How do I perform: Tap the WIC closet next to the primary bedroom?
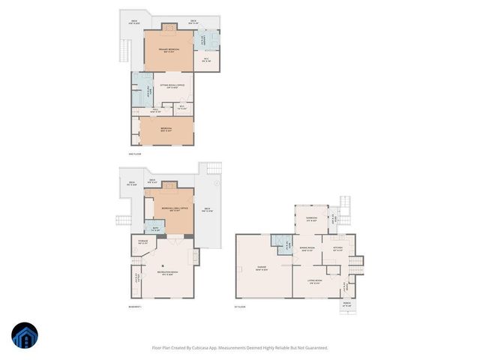(x=207, y=60)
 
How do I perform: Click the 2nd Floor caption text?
(x=135, y=154)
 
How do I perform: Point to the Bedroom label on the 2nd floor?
(x=166, y=128)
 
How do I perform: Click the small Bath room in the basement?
(x=155, y=229)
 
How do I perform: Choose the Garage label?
(x=263, y=269)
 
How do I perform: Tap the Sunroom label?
(x=311, y=220)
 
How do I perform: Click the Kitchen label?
(x=337, y=249)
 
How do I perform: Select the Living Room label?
(x=315, y=281)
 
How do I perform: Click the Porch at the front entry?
(x=346, y=304)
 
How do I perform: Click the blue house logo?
(x=24, y=335)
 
